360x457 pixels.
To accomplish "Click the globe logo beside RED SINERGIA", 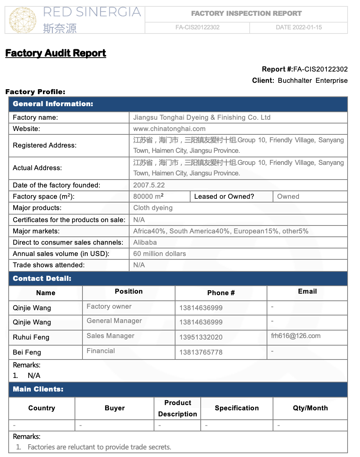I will click(x=23, y=20).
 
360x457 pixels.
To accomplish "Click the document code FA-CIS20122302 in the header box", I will click(x=197, y=27).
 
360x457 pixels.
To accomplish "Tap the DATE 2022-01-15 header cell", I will click(x=299, y=27).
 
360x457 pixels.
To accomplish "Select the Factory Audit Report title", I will click(x=56, y=53).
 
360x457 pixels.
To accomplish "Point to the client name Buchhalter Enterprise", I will click(x=313, y=81).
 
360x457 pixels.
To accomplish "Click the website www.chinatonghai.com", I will click(x=169, y=129).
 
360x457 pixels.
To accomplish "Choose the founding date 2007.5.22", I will click(x=149, y=185).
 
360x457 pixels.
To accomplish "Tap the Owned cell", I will click(x=288, y=197).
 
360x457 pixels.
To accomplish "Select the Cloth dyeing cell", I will click(x=153, y=208).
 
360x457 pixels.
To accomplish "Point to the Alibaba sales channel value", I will click(x=145, y=242).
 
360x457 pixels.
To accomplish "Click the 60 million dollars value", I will click(x=160, y=254).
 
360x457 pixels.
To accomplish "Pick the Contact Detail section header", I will click(x=42, y=279).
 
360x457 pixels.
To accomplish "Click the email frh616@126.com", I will click(x=296, y=336).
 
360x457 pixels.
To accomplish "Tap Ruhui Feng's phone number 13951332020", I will click(x=201, y=337).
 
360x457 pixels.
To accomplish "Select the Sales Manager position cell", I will click(x=110, y=336).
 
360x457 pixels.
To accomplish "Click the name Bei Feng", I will click(x=27, y=352).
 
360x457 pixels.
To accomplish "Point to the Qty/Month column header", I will click(x=310, y=408).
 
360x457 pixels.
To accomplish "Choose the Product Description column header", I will click(x=177, y=408).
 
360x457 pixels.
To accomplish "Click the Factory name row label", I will click(x=35, y=117).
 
